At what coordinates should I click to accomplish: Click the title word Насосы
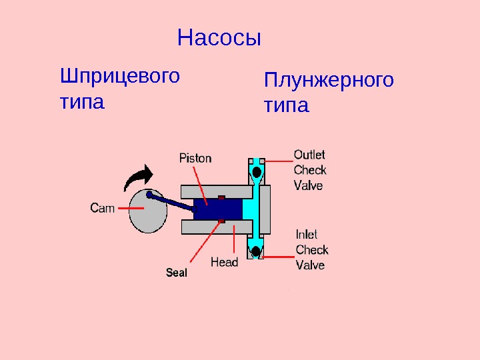tap(219, 38)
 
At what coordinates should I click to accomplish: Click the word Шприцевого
tap(120, 76)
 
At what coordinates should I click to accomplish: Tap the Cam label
tap(102, 208)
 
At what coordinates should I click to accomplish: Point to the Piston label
tap(195, 158)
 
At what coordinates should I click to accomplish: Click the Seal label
tap(177, 273)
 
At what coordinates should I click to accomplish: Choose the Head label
tap(224, 262)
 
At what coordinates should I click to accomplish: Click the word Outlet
tap(309, 155)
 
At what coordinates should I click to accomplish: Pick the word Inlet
tap(307, 235)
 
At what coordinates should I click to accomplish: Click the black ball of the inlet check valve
tap(256, 251)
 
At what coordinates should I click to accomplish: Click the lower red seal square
tap(223, 221)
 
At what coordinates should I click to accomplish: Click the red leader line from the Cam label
tap(125, 209)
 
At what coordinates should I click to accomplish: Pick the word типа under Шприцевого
tap(82, 103)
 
